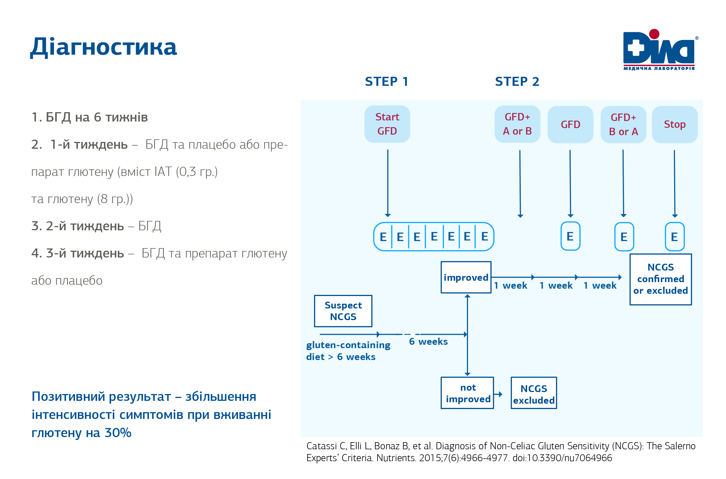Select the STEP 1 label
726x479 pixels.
pyautogui.click(x=387, y=82)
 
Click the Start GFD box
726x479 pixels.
pyautogui.click(x=387, y=124)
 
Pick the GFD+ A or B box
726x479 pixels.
pyautogui.click(x=517, y=124)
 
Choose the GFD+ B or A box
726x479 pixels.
pyautogui.click(x=623, y=125)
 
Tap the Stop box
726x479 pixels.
pyautogui.click(x=675, y=125)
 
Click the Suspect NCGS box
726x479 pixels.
pyautogui.click(x=343, y=311)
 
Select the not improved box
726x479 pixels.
pyautogui.click(x=467, y=393)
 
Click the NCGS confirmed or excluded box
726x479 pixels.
pyautogui.click(x=661, y=279)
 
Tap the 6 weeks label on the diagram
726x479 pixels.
pyautogui.click(x=428, y=342)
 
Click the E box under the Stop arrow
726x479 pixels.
pyautogui.click(x=674, y=237)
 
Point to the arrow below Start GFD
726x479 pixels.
pyautogui.click(x=388, y=183)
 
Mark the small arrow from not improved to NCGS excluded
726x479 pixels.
pyautogui.click(x=498, y=394)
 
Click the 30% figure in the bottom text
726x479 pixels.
pyautogui.click(x=118, y=433)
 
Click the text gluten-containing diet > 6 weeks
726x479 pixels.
pyautogui.click(x=348, y=351)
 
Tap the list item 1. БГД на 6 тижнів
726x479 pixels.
pyautogui.click(x=90, y=117)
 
